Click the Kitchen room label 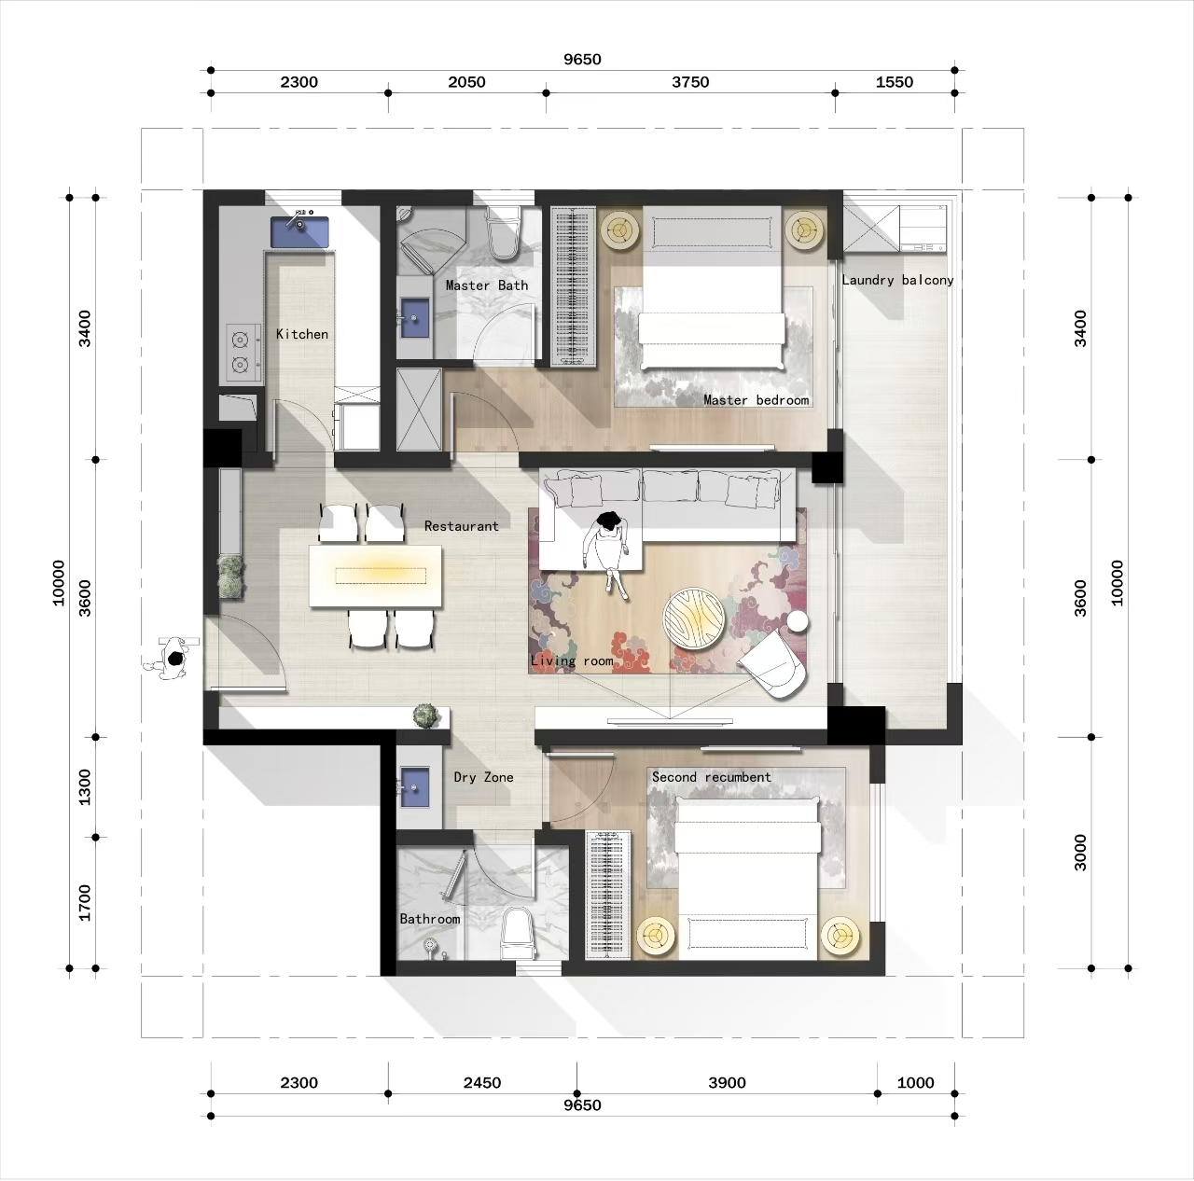pos(302,334)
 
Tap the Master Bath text pos(486,285)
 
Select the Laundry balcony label pos(897,280)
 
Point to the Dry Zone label pos(483,777)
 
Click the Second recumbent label pos(711,777)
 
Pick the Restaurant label pos(461,526)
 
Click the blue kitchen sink pos(300,231)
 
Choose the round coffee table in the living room pos(693,617)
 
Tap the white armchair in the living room pos(773,662)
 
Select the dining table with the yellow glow pos(376,576)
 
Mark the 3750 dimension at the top pos(690,82)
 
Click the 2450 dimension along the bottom pos(482,1083)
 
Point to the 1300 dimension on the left pos(85,786)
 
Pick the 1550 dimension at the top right pos(895,82)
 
